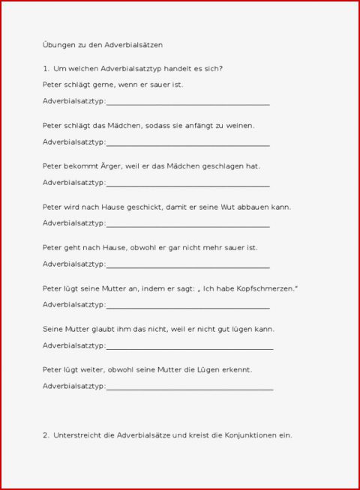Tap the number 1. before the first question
[46, 69]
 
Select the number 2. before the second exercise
[46, 435]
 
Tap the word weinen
[238, 126]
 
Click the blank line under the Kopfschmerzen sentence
[187, 306]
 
